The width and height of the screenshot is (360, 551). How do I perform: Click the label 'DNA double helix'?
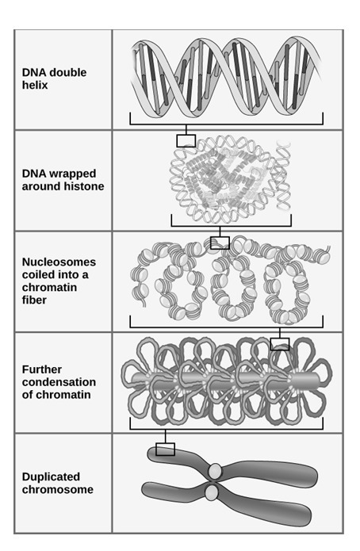pyautogui.click(x=54, y=78)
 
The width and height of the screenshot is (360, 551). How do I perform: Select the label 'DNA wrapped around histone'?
pyautogui.click(x=63, y=180)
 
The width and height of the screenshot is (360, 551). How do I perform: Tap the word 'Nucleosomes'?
pyautogui.click(x=59, y=262)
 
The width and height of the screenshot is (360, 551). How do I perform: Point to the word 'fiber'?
pyautogui.click(x=34, y=300)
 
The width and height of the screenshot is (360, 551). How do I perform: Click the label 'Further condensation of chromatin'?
pyautogui.click(x=59, y=382)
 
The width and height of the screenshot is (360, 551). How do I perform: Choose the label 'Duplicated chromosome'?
pyautogui.click(x=58, y=483)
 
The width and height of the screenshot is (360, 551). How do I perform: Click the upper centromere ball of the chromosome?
pyautogui.click(x=215, y=470)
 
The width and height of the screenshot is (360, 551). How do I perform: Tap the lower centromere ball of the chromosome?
pyautogui.click(x=211, y=493)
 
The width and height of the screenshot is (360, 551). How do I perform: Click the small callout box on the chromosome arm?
pyautogui.click(x=165, y=450)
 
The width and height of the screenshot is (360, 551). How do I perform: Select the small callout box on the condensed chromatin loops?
pyautogui.click(x=280, y=344)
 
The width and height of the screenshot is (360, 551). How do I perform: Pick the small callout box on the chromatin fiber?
pyautogui.click(x=220, y=243)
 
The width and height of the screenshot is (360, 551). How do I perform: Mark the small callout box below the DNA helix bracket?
pyautogui.click(x=186, y=141)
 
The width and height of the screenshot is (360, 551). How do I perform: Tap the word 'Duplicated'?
pyautogui.click(x=51, y=476)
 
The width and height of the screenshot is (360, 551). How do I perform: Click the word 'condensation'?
pyautogui.click(x=59, y=382)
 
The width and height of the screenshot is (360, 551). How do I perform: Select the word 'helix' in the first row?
pyautogui.click(x=35, y=85)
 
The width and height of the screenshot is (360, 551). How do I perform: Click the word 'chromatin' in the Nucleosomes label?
pyautogui.click(x=49, y=287)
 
